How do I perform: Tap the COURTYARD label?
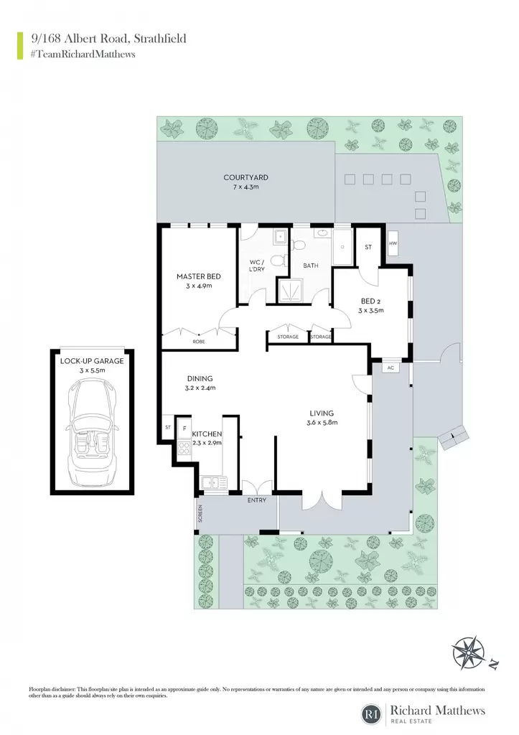[x=246, y=178]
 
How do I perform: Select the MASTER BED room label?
[x=199, y=276]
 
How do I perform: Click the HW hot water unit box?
[x=393, y=244]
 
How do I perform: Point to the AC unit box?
[x=391, y=368]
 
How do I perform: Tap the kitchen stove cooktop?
[x=184, y=448]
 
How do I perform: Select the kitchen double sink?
[x=214, y=482]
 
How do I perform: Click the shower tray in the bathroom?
[x=291, y=291]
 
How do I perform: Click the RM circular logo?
[x=373, y=714]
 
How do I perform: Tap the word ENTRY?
[x=256, y=500]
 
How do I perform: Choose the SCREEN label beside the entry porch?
[x=200, y=514]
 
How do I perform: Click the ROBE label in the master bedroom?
[x=199, y=342]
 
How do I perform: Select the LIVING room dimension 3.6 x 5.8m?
[x=322, y=422]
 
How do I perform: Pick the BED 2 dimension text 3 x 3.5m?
[x=371, y=310]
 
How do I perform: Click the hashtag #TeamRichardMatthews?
[x=83, y=55]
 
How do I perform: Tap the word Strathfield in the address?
[x=160, y=39]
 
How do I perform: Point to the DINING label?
[x=200, y=379]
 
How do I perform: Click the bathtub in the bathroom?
[x=342, y=247]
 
